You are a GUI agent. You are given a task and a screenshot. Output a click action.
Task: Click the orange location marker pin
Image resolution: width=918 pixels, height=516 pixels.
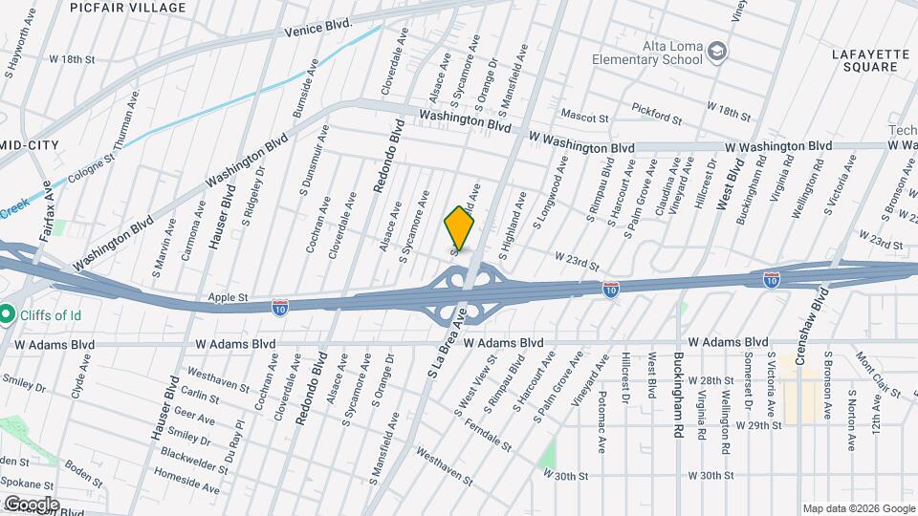460,228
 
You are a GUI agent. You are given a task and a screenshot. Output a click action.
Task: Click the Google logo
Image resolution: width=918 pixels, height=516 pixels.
31,504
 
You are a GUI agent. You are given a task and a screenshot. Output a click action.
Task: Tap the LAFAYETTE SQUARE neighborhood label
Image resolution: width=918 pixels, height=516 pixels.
867,61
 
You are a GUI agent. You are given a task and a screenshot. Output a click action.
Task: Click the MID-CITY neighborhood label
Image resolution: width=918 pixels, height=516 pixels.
29,144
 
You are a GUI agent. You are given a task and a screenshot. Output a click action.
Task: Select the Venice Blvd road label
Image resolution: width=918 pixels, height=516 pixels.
319,29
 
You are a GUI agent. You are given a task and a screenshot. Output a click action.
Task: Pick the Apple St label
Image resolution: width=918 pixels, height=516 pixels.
229,298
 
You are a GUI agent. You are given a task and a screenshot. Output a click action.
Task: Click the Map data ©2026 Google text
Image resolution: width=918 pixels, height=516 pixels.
857,508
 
